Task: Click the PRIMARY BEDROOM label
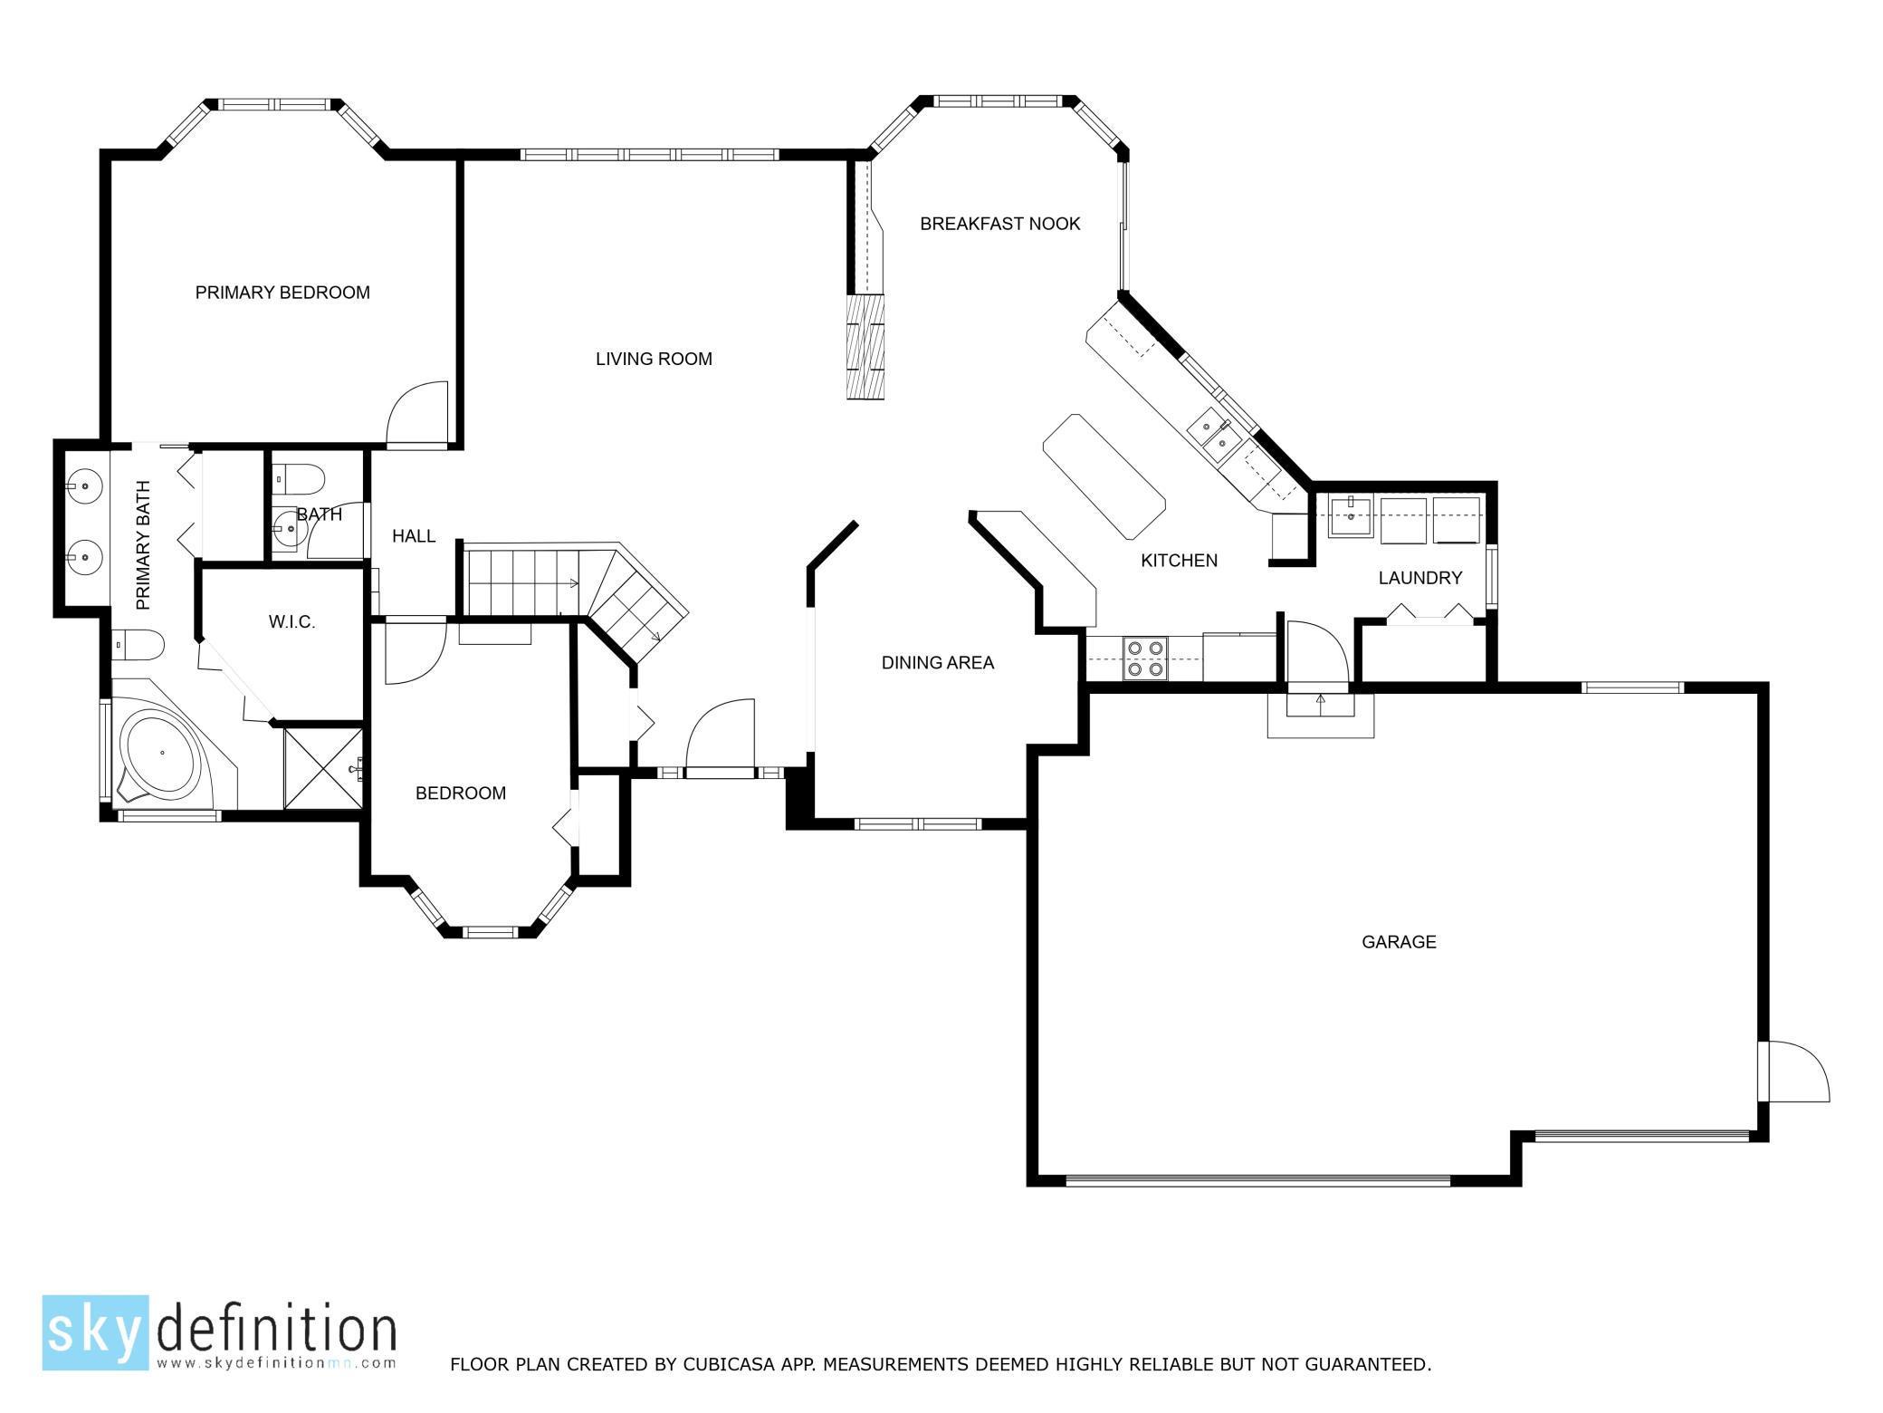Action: click(282, 293)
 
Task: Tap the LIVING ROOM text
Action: click(654, 359)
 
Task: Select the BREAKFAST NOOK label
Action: click(999, 224)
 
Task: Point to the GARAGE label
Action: click(1399, 942)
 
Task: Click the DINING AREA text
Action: click(937, 663)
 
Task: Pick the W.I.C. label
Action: click(292, 622)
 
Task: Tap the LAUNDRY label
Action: click(1419, 578)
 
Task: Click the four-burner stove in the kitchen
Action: click(1143, 658)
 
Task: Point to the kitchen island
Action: click(1104, 476)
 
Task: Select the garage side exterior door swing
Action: click(1797, 1073)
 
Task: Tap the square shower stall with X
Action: click(322, 767)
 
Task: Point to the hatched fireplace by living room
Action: click(866, 346)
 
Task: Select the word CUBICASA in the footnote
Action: click(719, 1364)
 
